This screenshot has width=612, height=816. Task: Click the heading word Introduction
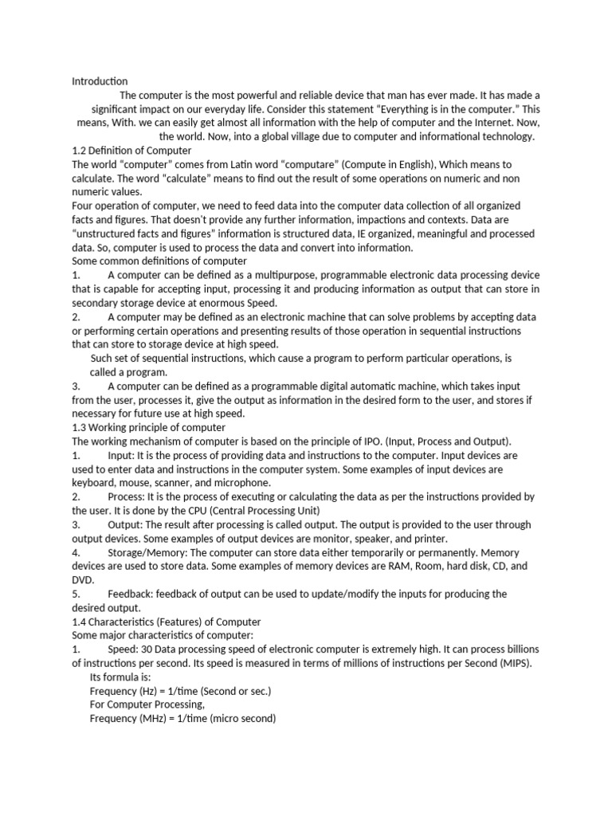(100, 81)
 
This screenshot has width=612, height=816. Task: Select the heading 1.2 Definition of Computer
(131, 151)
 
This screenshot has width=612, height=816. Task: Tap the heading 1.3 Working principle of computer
(148, 427)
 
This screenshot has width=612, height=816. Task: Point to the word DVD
(83, 580)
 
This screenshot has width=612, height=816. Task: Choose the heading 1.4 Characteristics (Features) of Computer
(167, 622)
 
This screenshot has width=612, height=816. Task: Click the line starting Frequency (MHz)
(182, 719)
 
